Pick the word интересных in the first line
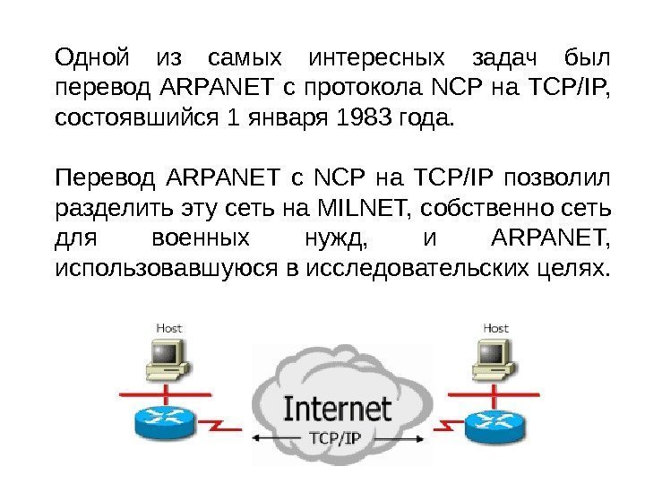[375, 60]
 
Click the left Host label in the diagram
[169, 328]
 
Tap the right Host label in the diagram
[495, 328]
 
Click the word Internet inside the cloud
[337, 409]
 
